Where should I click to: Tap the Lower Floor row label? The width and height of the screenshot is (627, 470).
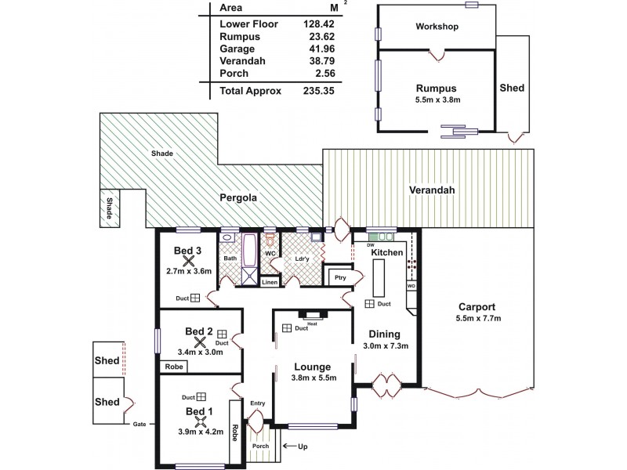pyautogui.click(x=248, y=23)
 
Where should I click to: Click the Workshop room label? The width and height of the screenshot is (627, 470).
pyautogui.click(x=436, y=27)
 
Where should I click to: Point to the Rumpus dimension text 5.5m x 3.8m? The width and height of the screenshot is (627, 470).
pyautogui.click(x=437, y=100)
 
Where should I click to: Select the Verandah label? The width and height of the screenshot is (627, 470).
pyautogui.click(x=432, y=190)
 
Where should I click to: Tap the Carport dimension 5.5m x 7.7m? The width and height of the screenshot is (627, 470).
pyautogui.click(x=477, y=319)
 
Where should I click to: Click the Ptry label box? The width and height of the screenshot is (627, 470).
pyautogui.click(x=339, y=277)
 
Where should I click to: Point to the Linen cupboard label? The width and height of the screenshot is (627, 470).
pyautogui.click(x=269, y=282)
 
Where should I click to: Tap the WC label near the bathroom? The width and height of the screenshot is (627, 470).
pyautogui.click(x=268, y=253)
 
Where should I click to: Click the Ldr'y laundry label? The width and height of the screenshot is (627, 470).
pyautogui.click(x=301, y=258)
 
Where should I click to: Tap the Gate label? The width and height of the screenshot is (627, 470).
pyautogui.click(x=139, y=425)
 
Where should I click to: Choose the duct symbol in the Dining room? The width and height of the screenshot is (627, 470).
pyautogui.click(x=369, y=304)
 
